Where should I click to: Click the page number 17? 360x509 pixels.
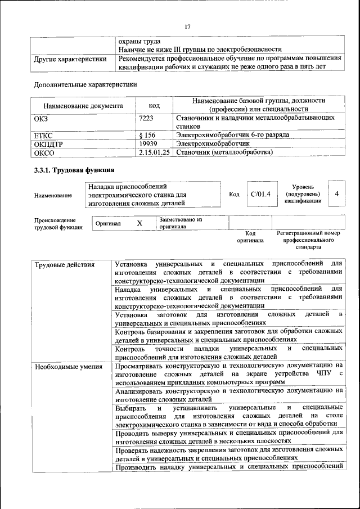tap(187, 25)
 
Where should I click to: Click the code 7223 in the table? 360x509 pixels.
tap(146, 118)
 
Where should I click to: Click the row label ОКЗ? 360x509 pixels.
tap(42, 118)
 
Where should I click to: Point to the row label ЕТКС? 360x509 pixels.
tap(44, 136)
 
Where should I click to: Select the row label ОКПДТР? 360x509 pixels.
tap(49, 144)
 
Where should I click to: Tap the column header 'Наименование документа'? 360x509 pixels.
tap(83, 105)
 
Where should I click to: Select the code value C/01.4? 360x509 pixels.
tap(260, 194)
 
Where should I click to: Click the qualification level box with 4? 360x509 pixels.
tap(336, 194)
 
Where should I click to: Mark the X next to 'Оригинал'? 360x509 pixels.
tap(139, 223)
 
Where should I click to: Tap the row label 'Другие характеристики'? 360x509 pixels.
tap(70, 59)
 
